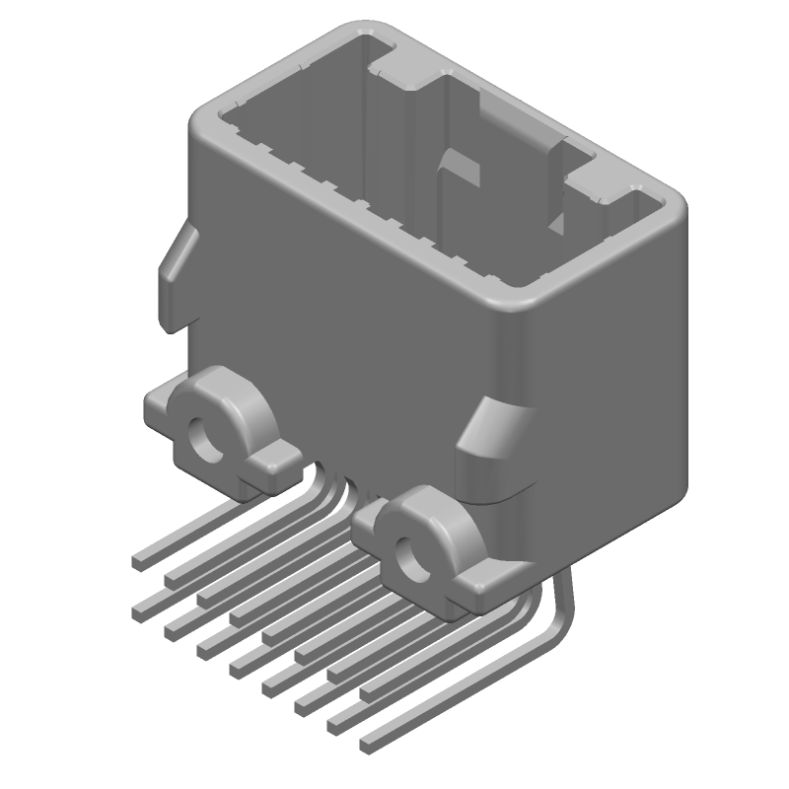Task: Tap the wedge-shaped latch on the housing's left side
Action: [x=176, y=271]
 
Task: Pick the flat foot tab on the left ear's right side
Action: [x=278, y=456]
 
